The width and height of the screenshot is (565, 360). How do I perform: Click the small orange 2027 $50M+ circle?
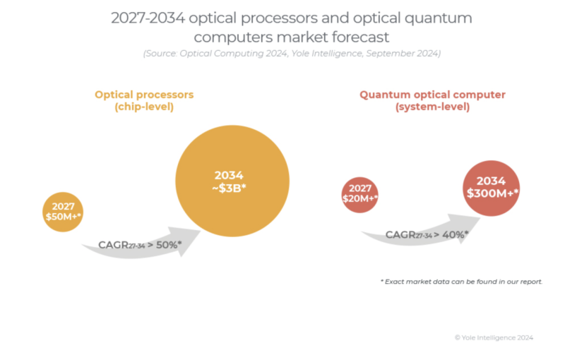pyautogui.click(x=63, y=211)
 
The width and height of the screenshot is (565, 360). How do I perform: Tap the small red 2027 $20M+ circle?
pyautogui.click(x=360, y=194)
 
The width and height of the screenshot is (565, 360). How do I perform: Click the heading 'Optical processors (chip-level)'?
pyautogui.click(x=144, y=100)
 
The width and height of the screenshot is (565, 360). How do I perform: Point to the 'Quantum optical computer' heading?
pyautogui.click(x=432, y=95)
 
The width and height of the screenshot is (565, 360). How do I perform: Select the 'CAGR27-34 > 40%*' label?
pyautogui.click(x=427, y=234)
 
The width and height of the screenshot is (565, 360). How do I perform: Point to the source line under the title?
pyautogui.click(x=292, y=54)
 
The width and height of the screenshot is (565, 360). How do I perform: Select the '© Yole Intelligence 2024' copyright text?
pyautogui.click(x=494, y=338)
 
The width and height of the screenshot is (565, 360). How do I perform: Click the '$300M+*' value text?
pyautogui.click(x=492, y=193)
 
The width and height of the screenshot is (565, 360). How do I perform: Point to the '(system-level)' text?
pyautogui.click(x=432, y=107)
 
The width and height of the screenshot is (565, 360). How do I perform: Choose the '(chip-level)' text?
pyautogui.click(x=144, y=107)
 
